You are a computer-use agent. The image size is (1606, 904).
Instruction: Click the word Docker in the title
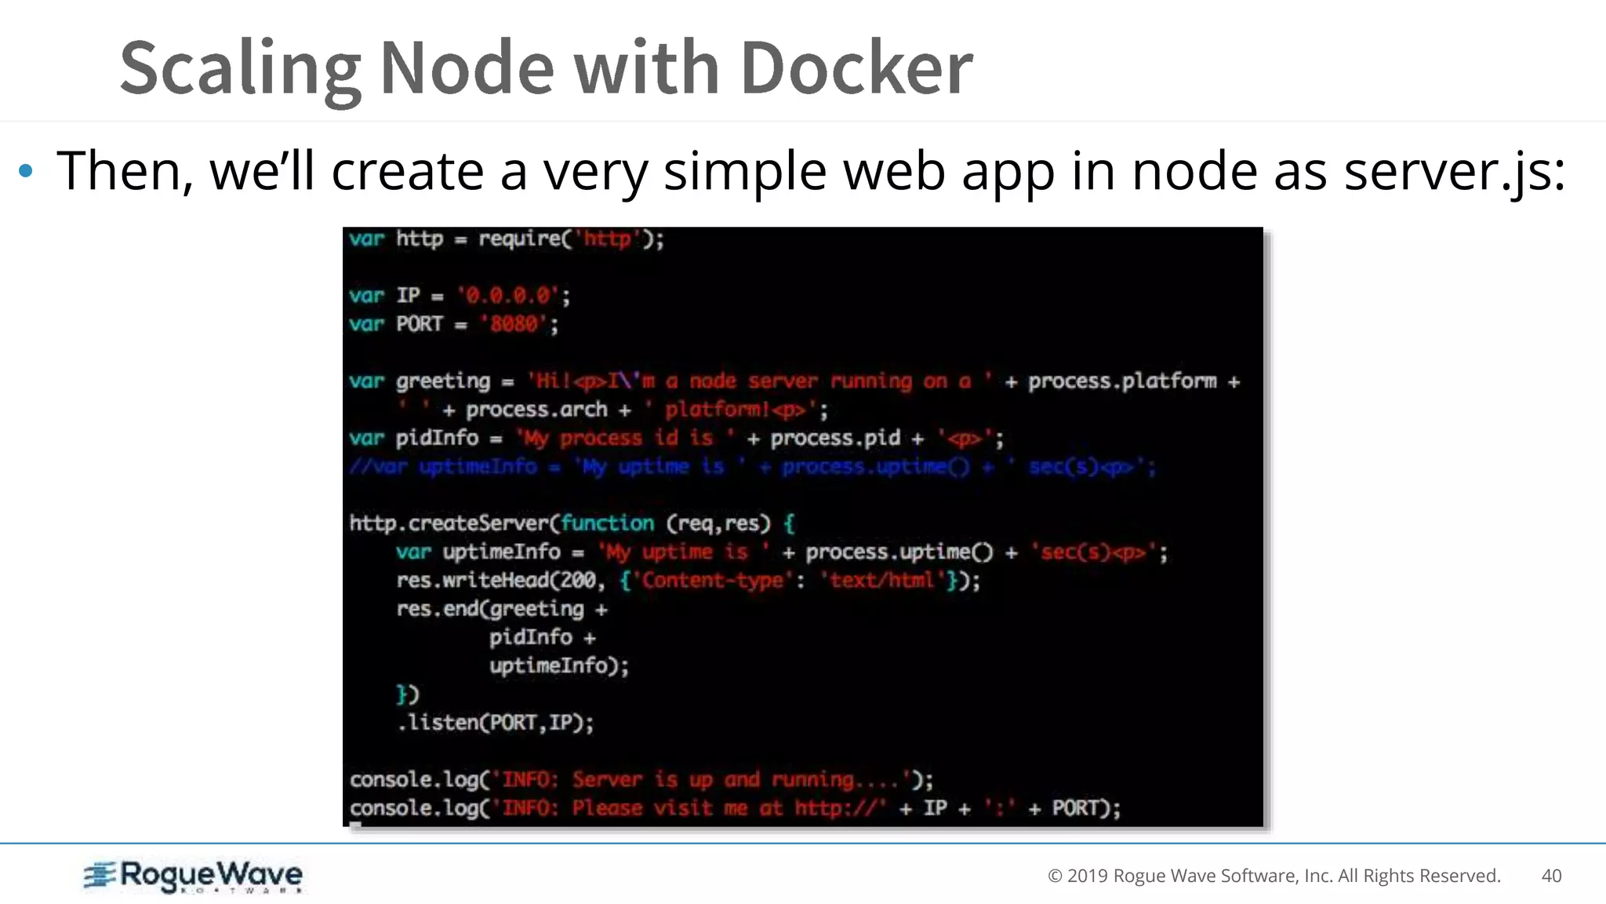pyautogui.click(x=856, y=68)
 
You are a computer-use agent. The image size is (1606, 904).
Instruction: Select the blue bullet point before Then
pyautogui.click(x=26, y=170)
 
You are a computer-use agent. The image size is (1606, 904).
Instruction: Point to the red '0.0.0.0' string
pyautogui.click(x=509, y=296)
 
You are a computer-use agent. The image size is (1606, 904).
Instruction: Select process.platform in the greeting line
pyautogui.click(x=1122, y=381)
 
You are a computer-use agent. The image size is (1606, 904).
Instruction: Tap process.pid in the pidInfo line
pyautogui.click(x=835, y=438)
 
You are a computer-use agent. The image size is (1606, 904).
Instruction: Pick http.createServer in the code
pyautogui.click(x=452, y=523)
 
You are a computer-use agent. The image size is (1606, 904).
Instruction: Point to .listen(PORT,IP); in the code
pyautogui.click(x=496, y=723)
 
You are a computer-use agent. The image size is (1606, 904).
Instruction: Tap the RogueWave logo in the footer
pyautogui.click(x=194, y=876)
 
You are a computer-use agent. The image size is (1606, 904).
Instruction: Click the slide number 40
pyautogui.click(x=1551, y=876)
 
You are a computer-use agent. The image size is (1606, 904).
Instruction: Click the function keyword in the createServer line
pyautogui.click(x=607, y=523)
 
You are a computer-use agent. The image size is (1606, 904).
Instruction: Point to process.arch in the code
pyautogui.click(x=536, y=410)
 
